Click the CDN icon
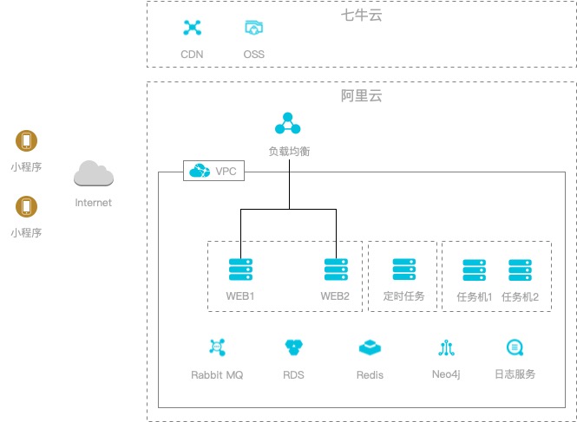pyautogui.click(x=192, y=28)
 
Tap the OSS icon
pyautogui.click(x=253, y=28)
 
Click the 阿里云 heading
pyautogui.click(x=361, y=96)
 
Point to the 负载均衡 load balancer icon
pyautogui.click(x=288, y=125)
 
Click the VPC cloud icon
pyautogui.click(x=200, y=171)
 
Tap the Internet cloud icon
pyautogui.click(x=94, y=174)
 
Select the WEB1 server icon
pyautogui.click(x=240, y=269)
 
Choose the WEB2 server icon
pyautogui.click(x=336, y=269)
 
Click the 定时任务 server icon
pyautogui.click(x=404, y=269)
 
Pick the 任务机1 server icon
pyautogui.click(x=474, y=269)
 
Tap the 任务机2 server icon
pyautogui.click(x=521, y=269)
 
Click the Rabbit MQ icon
pyautogui.click(x=217, y=347)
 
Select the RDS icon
pyautogui.click(x=293, y=347)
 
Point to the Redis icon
pyautogui.click(x=370, y=347)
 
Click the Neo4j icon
pyautogui.click(x=447, y=347)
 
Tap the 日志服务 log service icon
pyautogui.click(x=515, y=347)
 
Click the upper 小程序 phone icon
pyautogui.click(x=27, y=140)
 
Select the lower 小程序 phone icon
pyautogui.click(x=27, y=206)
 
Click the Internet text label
pyautogui.click(x=94, y=203)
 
